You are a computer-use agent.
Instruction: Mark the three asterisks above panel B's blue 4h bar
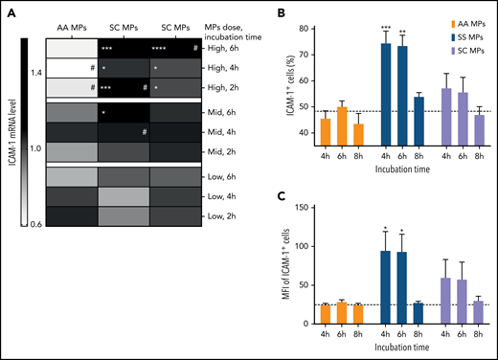[x=384, y=50]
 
